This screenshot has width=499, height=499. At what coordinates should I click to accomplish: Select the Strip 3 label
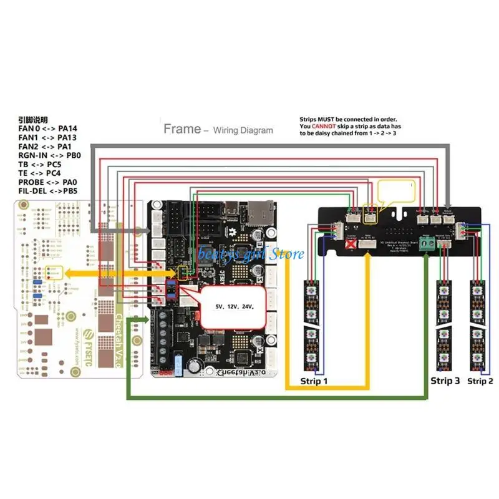pos(445,380)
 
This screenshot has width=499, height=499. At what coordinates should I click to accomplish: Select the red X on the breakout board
pos(350,245)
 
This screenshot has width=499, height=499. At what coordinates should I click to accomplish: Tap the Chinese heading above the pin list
pos(32,120)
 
